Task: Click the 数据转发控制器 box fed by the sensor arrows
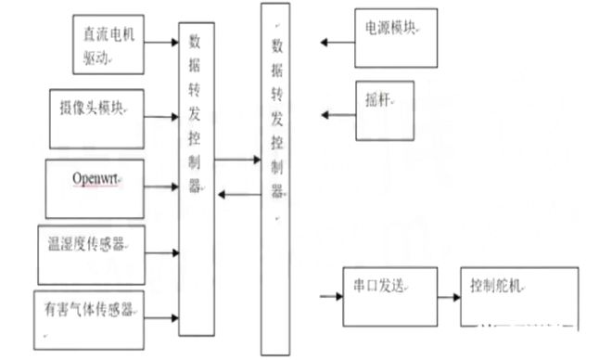click(x=196, y=176)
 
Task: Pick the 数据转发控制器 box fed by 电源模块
click(x=276, y=176)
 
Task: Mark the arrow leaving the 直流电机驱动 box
click(x=162, y=42)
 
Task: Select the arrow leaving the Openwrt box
click(x=163, y=186)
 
